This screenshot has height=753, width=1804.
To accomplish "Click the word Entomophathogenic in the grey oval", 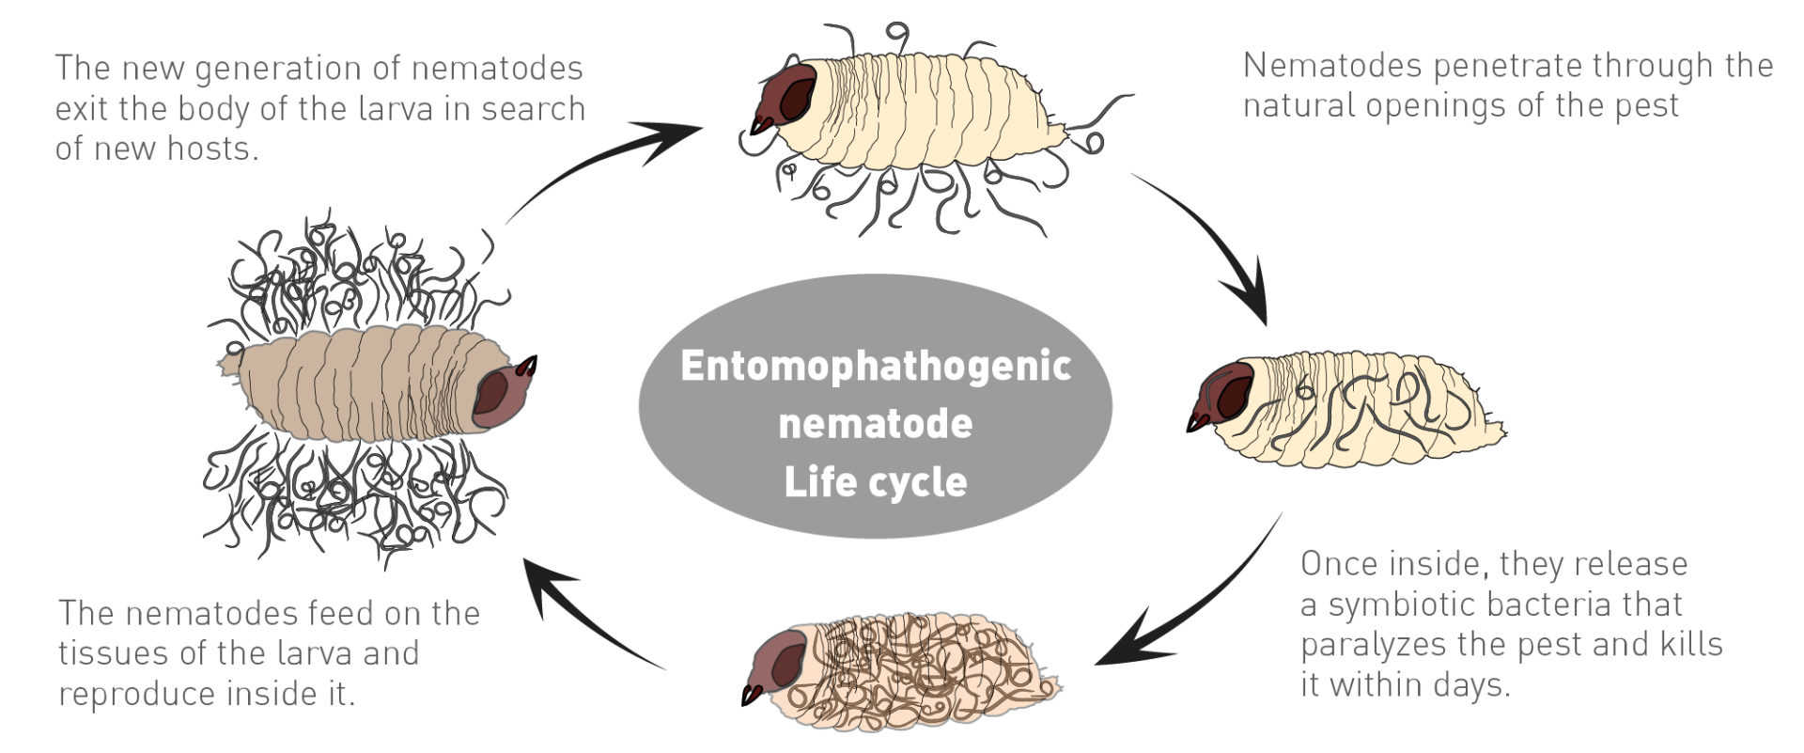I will pyautogui.click(x=875, y=365).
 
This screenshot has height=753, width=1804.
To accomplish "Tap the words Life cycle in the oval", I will pyautogui.click(x=875, y=481).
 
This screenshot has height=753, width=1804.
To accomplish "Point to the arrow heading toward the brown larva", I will pyautogui.click(x=583, y=611).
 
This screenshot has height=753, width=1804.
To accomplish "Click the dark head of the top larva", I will pyautogui.click(x=787, y=94).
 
